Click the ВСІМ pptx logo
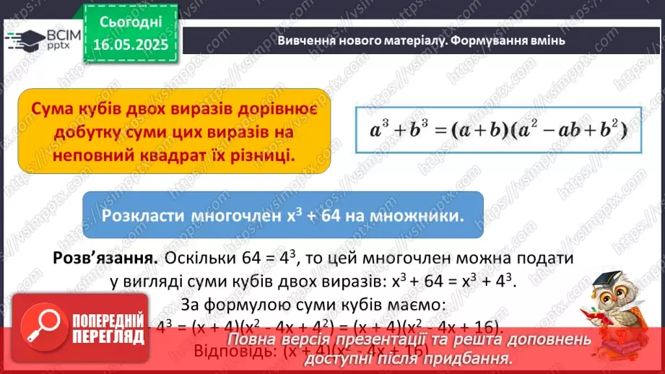[x=40, y=39]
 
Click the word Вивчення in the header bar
[x=305, y=40]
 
